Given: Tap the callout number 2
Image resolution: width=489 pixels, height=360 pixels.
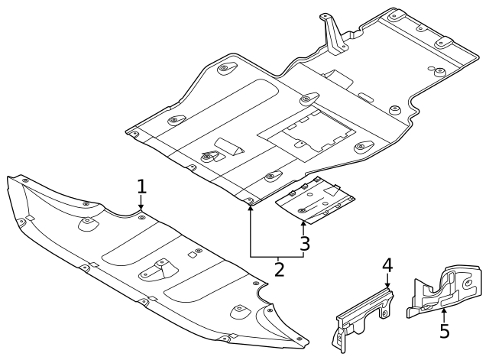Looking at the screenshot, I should [x=279, y=268].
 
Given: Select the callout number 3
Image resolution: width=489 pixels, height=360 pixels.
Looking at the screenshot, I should [x=305, y=244].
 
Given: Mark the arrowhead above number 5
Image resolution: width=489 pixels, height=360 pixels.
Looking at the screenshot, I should [x=445, y=310].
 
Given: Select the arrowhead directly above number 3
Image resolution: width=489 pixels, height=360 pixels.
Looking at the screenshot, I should [x=305, y=222].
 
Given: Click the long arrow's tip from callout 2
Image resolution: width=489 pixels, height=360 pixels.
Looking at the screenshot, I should [x=251, y=206].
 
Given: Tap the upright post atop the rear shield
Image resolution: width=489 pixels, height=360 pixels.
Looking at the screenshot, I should [x=330, y=34].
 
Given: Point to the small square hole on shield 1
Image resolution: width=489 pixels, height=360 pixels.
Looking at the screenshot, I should [x=189, y=253].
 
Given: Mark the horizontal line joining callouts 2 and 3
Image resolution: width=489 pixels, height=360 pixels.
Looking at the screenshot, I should [x=277, y=256].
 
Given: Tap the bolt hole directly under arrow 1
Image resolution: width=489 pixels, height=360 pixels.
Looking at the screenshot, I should [x=141, y=216].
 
